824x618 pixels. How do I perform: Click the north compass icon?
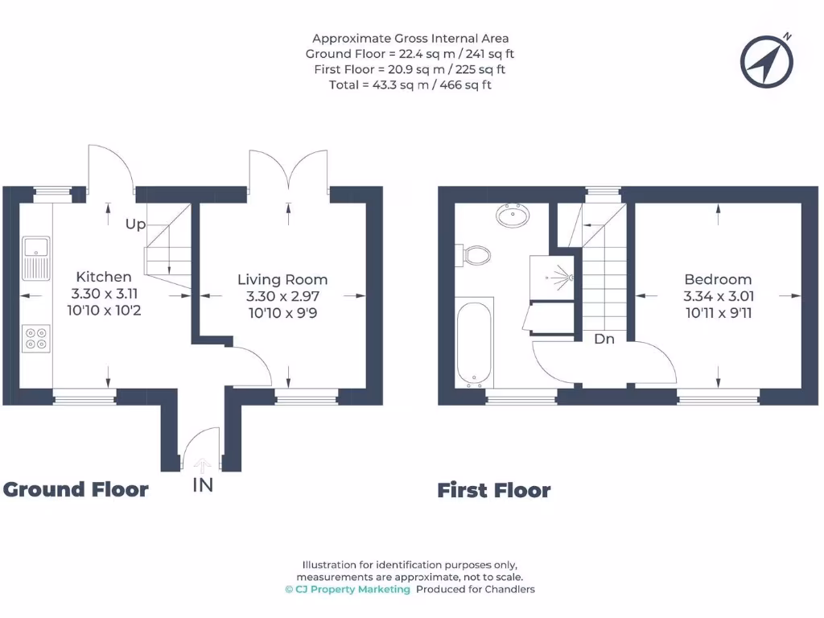tap(768, 61)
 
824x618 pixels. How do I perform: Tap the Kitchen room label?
tap(104, 276)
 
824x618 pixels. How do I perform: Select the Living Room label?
tap(282, 279)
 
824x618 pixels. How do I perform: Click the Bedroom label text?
tap(718, 279)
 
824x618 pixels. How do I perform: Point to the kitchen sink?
tap(36, 255)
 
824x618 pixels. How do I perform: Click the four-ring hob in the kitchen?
tap(36, 337)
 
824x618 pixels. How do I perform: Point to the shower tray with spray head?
tap(552, 277)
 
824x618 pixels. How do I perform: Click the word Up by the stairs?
tap(135, 225)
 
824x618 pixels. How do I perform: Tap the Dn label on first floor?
tap(604, 339)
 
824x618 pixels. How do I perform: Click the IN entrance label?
tap(203, 485)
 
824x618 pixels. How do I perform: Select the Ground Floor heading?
tap(76, 489)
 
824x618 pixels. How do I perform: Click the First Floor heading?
tap(494, 490)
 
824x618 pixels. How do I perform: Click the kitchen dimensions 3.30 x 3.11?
tap(104, 294)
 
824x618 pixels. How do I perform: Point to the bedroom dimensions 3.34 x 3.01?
tap(718, 297)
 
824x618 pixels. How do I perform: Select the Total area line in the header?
tap(410, 84)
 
